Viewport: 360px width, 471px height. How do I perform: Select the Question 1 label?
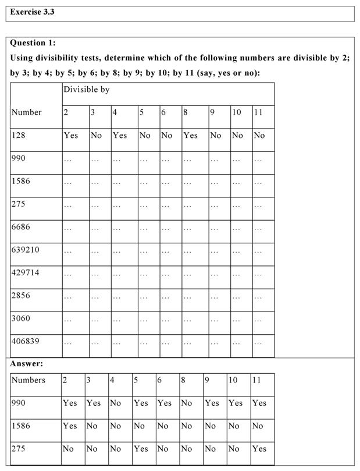[x=33, y=43]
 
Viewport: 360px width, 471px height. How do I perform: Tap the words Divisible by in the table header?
[x=86, y=90]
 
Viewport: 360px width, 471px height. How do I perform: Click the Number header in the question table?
[x=26, y=112]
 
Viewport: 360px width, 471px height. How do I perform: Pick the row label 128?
[x=19, y=135]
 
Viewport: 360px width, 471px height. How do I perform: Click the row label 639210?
[x=26, y=250]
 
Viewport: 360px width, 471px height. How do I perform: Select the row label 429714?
[x=26, y=272]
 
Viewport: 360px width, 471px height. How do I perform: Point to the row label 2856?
[x=21, y=296]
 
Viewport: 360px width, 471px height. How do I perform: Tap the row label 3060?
[x=21, y=318]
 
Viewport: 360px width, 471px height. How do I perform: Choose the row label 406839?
[x=26, y=341]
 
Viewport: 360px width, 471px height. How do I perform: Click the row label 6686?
[x=21, y=227]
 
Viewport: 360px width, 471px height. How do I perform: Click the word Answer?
[x=27, y=363]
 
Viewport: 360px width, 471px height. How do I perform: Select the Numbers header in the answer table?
[x=28, y=380]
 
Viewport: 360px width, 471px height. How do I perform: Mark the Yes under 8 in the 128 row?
[x=190, y=135]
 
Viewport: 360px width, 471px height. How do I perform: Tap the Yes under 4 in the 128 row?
[x=120, y=135]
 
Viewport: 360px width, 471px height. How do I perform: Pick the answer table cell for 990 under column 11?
[x=259, y=403]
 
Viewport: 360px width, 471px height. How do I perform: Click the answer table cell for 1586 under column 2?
[x=70, y=426]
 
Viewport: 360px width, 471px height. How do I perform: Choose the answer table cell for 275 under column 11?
[x=259, y=449]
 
